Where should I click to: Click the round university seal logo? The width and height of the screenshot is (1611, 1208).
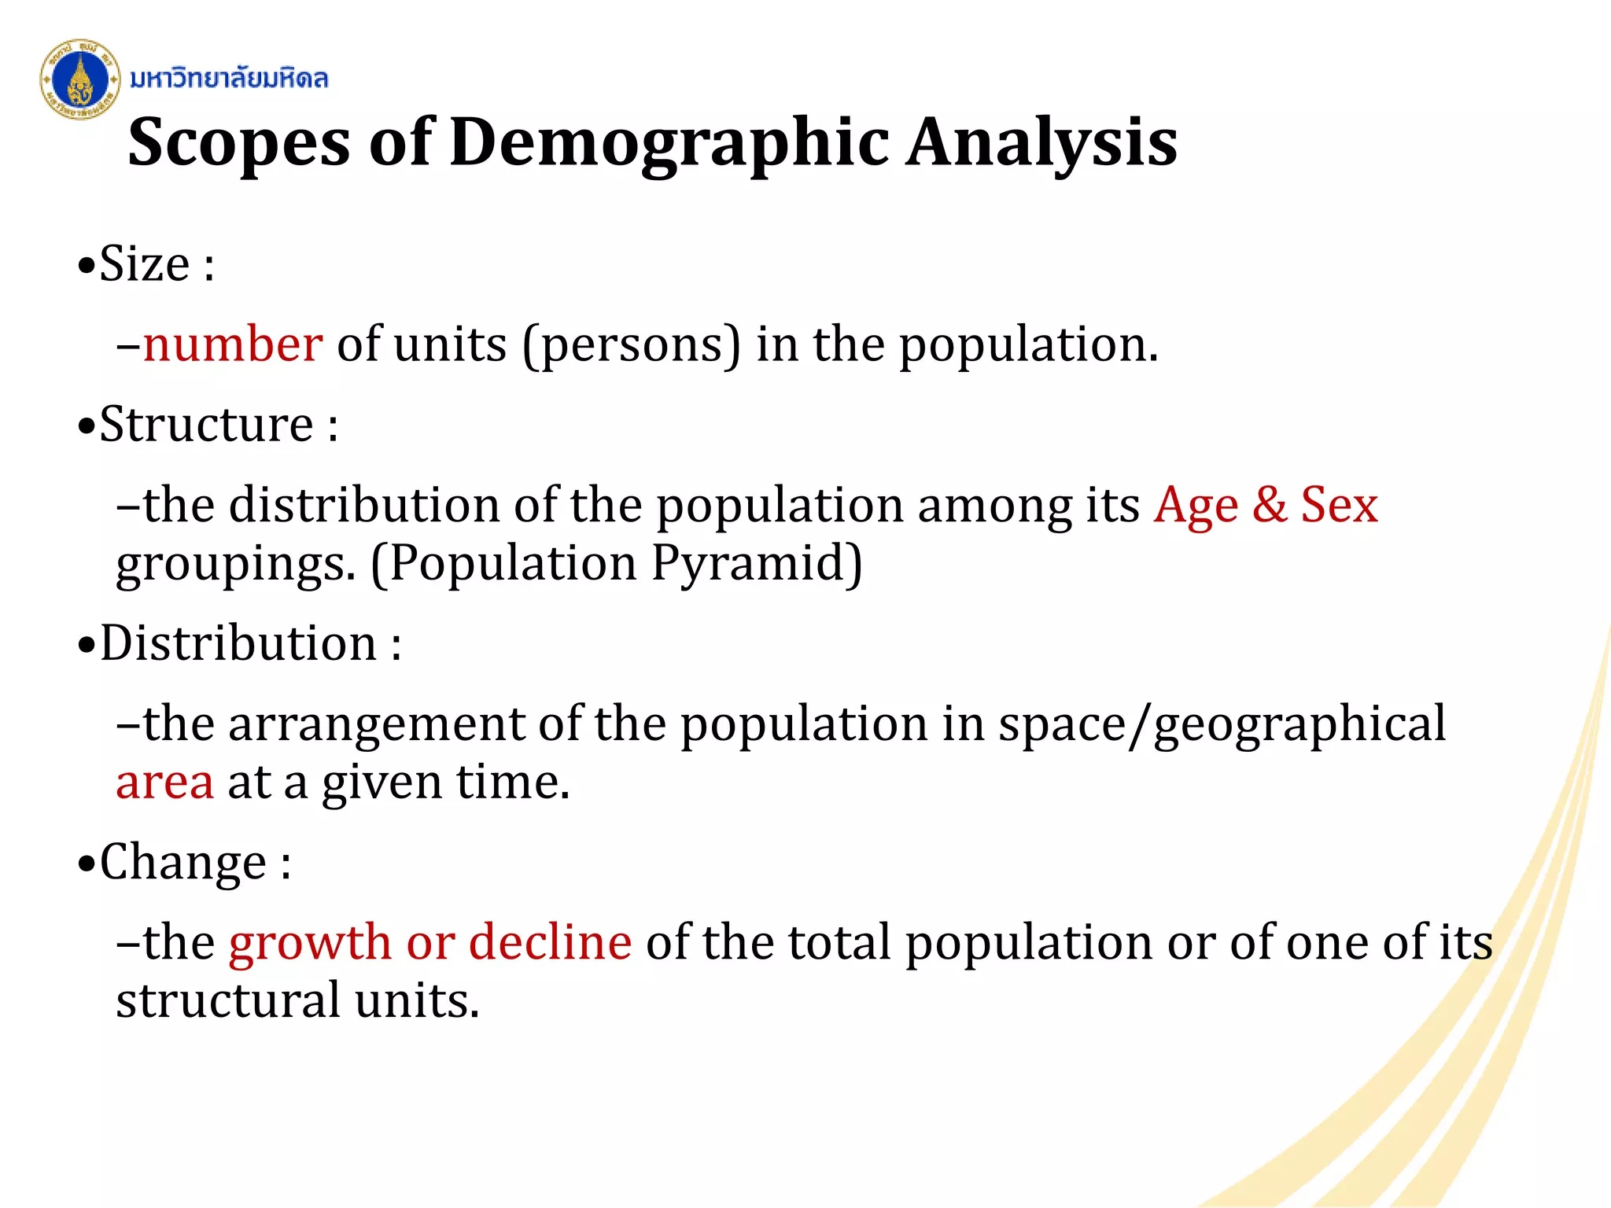pyautogui.click(x=79, y=79)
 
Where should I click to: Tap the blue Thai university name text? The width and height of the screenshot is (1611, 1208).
pyautogui.click(x=228, y=79)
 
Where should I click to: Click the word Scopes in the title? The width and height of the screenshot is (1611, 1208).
pyautogui.click(x=239, y=144)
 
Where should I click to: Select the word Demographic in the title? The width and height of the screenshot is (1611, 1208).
pyautogui.click(x=669, y=144)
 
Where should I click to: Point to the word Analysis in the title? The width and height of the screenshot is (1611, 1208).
pyautogui.click(x=1041, y=144)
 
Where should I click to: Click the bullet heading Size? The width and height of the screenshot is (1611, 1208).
pyautogui.click(x=145, y=264)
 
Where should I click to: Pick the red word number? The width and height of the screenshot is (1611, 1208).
pyautogui.click(x=233, y=345)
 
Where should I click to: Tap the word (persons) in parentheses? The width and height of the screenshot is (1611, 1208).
pyautogui.click(x=632, y=345)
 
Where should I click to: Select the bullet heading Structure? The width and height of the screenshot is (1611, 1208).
pyautogui.click(x=207, y=425)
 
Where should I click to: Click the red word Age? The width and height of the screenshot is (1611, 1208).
pyautogui.click(x=1196, y=506)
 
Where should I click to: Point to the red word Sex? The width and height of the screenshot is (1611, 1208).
pyautogui.click(x=1339, y=505)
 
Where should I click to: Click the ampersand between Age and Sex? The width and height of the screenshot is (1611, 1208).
pyautogui.click(x=1270, y=505)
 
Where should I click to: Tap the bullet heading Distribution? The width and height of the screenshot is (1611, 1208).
pyautogui.click(x=239, y=644)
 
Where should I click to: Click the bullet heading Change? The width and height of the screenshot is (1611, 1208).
pyautogui.click(x=183, y=863)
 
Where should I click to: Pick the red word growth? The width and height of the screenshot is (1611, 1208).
pyautogui.click(x=310, y=942)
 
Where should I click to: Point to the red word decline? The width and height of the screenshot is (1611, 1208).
pyautogui.click(x=550, y=942)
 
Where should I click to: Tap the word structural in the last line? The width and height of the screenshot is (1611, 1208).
pyautogui.click(x=228, y=1001)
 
